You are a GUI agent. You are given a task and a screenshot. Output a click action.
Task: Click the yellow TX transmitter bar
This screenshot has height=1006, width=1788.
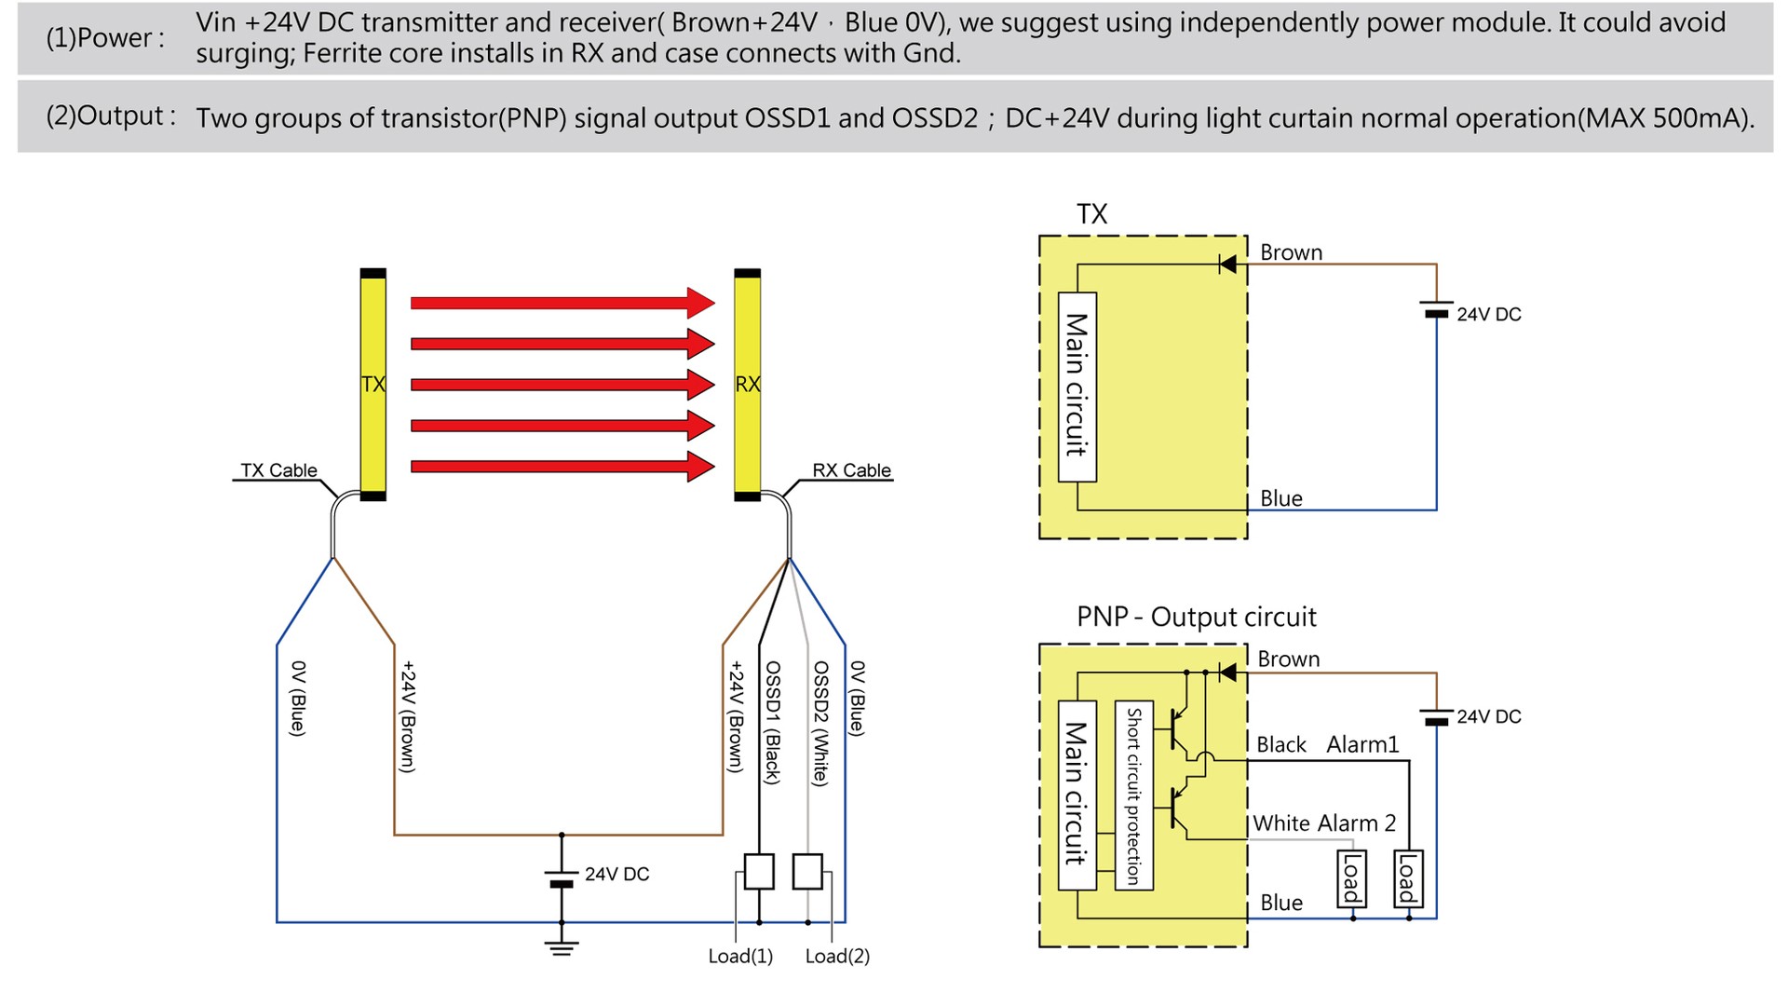[372, 384]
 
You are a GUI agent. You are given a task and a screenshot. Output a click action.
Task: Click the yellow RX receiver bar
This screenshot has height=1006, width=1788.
[747, 384]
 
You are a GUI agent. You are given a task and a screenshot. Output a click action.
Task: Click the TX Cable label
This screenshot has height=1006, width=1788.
[278, 470]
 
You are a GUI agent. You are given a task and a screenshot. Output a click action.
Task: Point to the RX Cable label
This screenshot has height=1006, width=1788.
[851, 470]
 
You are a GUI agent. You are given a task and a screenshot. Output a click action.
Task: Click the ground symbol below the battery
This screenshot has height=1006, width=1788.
[562, 948]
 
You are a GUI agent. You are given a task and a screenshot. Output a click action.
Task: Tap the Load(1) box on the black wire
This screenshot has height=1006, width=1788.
[759, 872]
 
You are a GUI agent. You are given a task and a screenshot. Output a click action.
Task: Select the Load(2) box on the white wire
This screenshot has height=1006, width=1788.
[807, 872]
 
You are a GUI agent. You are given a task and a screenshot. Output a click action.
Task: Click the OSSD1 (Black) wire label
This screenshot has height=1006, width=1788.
[772, 722]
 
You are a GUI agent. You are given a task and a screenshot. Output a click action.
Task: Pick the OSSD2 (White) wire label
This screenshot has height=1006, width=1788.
[820, 723]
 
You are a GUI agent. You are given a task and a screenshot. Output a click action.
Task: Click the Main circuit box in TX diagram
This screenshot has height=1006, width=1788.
[1077, 387]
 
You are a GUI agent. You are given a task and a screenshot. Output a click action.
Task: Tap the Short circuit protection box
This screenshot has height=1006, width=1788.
[1133, 795]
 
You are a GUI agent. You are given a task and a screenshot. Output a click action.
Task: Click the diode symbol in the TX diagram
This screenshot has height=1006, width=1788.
[1228, 265]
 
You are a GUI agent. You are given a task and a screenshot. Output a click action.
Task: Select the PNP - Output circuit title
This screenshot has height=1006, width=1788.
[1196, 617]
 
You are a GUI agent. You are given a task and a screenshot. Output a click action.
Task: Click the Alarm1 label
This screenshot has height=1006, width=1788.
[1362, 744]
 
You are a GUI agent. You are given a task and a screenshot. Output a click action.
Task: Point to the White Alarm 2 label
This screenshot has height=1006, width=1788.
[1323, 823]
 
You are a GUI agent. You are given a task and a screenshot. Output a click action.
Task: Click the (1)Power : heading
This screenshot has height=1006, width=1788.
[105, 38]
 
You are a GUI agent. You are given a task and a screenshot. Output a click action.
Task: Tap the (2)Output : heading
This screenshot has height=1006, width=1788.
[111, 116]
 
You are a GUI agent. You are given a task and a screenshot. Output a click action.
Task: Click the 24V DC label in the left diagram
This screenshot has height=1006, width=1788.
[616, 874]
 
